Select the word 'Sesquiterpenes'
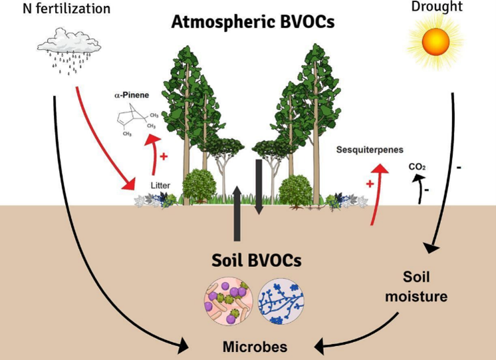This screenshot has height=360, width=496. tap(370, 150)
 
